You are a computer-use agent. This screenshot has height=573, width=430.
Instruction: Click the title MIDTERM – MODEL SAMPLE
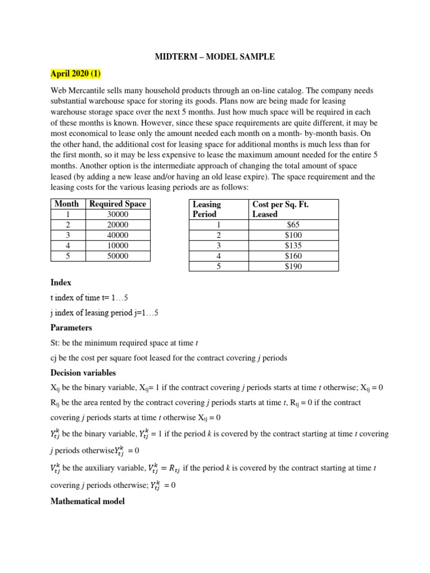[x=214, y=57]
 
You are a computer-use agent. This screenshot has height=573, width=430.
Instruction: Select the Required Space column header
[x=118, y=204]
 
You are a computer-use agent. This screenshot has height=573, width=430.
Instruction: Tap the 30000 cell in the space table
[x=118, y=215]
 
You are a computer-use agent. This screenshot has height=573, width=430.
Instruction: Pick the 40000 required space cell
[x=118, y=236]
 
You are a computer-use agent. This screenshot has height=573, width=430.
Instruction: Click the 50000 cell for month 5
[x=118, y=256]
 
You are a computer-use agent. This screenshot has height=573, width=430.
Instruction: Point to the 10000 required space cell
[x=118, y=246]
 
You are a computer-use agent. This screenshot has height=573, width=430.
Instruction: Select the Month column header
[x=67, y=204]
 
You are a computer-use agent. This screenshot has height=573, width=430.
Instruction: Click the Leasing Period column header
[x=207, y=209]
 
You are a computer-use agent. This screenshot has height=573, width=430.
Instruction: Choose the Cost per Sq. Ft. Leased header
[x=281, y=209]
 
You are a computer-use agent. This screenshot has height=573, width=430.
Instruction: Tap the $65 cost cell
[x=293, y=225]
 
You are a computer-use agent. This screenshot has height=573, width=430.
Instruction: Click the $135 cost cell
[x=293, y=246]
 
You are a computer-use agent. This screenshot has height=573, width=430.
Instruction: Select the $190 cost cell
[x=293, y=266]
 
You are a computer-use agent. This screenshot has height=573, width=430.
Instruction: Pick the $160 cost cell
[x=293, y=256]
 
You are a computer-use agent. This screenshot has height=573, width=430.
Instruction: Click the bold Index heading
[x=61, y=283]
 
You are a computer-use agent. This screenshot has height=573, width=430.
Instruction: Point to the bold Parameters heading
[x=71, y=328]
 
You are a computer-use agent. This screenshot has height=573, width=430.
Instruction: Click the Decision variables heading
[x=83, y=373]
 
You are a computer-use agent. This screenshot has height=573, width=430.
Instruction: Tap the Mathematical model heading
[x=87, y=501]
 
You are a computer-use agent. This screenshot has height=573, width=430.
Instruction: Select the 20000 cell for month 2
[x=118, y=225]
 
